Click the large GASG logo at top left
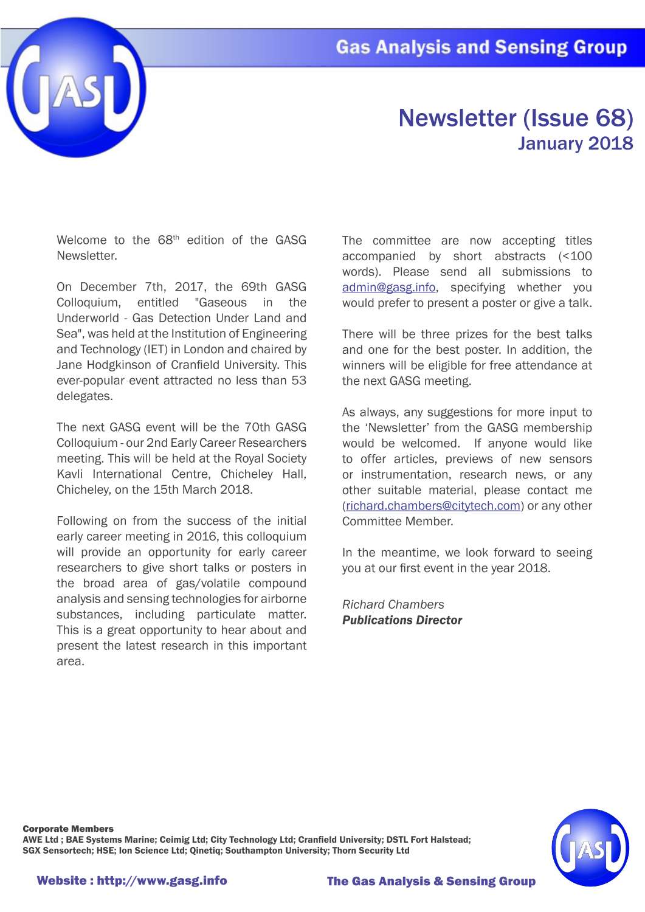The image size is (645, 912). click(x=76, y=88)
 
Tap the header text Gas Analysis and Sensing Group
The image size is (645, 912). click(x=481, y=47)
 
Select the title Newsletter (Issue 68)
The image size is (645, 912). click(x=516, y=118)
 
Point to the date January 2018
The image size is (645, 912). click(x=575, y=143)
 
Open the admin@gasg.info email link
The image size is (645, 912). click(x=388, y=288)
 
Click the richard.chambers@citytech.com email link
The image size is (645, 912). click(x=433, y=506)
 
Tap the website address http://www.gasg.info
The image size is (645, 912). click(x=162, y=880)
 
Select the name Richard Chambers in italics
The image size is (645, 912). click(x=393, y=604)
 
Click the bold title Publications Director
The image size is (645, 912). click(x=402, y=620)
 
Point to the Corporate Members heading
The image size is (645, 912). click(x=68, y=829)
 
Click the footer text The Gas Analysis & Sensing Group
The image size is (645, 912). click(x=431, y=881)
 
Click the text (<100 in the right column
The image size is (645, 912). click(x=574, y=257)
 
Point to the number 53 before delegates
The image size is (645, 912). click(x=298, y=381)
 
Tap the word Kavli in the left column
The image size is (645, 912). click(x=69, y=474)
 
